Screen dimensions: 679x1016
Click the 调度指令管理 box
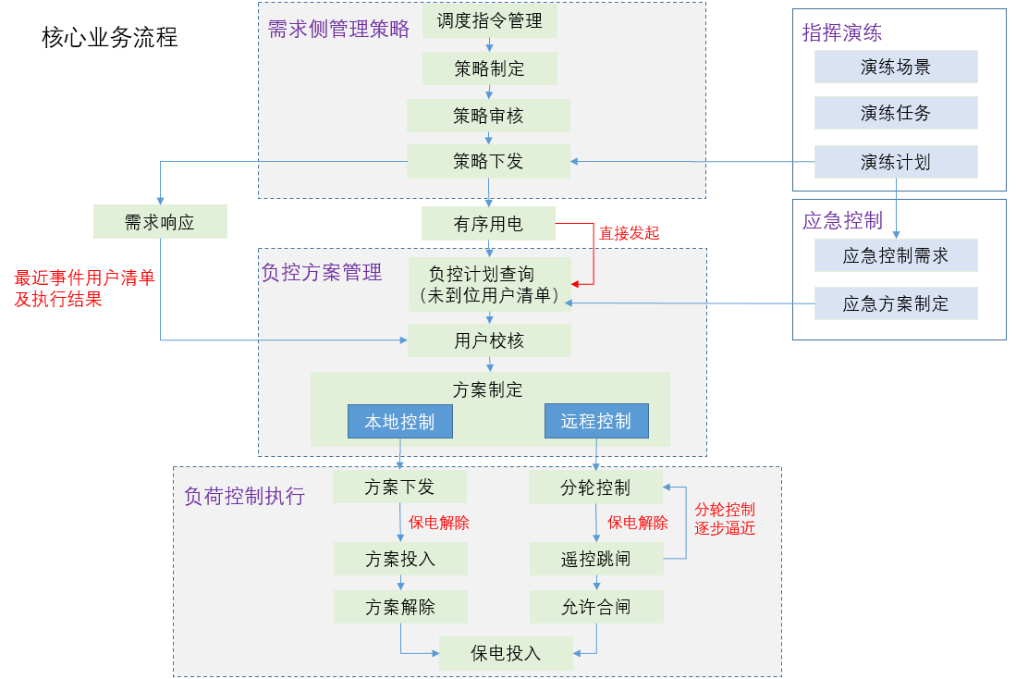point(490,20)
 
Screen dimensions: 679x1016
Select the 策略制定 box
point(490,68)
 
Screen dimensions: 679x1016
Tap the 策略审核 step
point(488,116)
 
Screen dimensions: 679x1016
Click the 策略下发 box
point(488,162)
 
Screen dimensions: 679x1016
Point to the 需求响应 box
point(160,222)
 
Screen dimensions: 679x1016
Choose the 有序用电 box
point(488,224)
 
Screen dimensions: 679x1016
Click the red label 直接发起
point(629,233)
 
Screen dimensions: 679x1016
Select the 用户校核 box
point(489,341)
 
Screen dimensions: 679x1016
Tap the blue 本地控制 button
point(399,422)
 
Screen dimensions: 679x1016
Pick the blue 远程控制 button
point(596,422)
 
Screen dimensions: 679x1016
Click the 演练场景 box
point(895,67)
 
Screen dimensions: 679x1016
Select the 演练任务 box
point(895,114)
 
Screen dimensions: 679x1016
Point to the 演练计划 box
point(895,163)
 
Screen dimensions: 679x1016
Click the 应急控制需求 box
point(895,255)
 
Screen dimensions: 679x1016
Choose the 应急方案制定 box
point(895,303)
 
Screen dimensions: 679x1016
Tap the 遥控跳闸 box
point(596,560)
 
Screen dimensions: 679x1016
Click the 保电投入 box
point(506,653)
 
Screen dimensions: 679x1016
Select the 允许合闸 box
point(596,607)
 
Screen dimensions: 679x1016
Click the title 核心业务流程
point(110,38)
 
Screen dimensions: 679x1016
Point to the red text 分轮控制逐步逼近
point(725,519)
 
